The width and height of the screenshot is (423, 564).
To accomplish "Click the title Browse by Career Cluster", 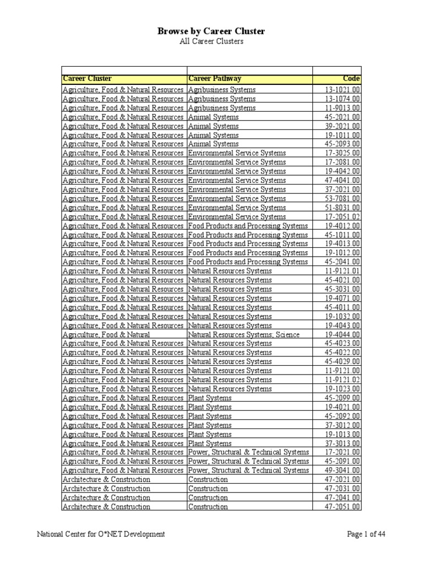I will point(211,31).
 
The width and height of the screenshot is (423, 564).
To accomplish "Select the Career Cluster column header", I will point(87,79).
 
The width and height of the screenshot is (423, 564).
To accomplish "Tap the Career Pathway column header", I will point(215,79).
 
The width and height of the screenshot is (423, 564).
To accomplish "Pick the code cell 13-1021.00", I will point(343,90).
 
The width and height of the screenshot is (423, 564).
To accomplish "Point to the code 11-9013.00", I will point(343,108).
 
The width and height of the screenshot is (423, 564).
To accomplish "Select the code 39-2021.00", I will point(343,126).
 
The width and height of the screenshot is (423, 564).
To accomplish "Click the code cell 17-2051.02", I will point(343,216).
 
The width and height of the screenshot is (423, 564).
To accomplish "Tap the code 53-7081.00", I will point(343,198).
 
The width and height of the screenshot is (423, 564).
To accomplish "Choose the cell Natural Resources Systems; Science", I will point(244,334).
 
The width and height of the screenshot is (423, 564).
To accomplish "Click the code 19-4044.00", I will point(343,334).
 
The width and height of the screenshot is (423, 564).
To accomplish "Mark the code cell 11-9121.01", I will point(343,271).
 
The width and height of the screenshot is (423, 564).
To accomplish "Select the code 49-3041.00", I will point(343,470).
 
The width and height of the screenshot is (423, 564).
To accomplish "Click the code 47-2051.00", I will point(343,507).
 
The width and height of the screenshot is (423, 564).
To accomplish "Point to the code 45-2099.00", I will point(343,398).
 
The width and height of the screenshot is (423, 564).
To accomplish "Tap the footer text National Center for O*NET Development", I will point(101,534).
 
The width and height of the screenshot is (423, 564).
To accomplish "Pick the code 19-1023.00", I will point(343,389).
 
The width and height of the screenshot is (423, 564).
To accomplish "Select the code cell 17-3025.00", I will point(343,153).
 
